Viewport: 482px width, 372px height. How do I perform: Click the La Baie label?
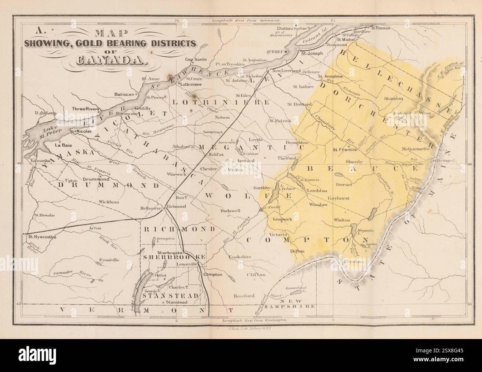pos(63,145)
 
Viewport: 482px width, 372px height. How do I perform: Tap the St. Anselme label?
pos(331,77)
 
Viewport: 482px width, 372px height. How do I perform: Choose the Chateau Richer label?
pos(292,28)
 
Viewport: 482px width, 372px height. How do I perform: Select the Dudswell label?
pos(230,210)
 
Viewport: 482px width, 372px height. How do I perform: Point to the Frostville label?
pos(109,260)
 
